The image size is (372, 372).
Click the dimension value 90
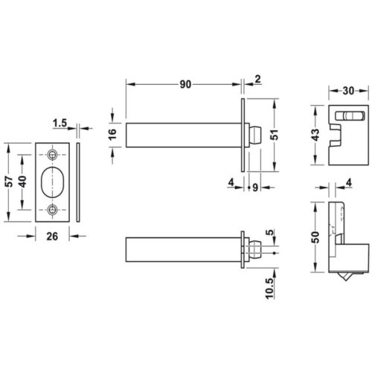coord(185,84)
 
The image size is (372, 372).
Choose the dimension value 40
coord(24,182)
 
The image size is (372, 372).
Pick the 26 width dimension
coord(53,237)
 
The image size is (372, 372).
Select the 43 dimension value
coord(315,135)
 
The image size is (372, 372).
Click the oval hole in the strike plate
coord(52,182)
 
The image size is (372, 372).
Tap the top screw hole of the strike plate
coord(52,154)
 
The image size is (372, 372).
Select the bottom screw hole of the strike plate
coord(52,210)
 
